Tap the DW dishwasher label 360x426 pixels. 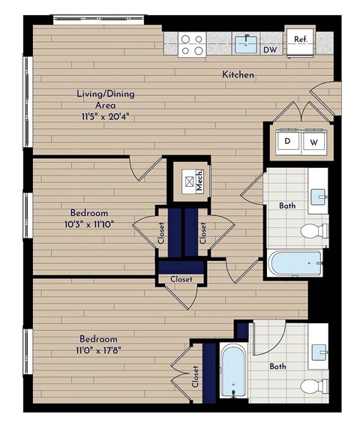click(269, 50)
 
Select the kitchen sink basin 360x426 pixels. click(244, 44)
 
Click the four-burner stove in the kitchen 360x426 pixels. click(191, 44)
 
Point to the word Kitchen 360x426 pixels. click(238, 75)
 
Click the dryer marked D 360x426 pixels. click(287, 141)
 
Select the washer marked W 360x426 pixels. click(313, 141)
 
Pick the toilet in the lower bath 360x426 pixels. click(312, 386)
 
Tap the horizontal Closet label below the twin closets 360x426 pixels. click(180, 279)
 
